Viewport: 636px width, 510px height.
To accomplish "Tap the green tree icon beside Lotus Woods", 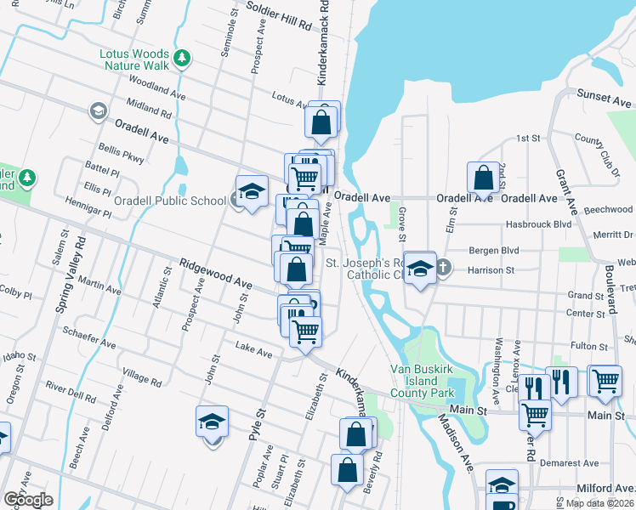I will point(181,58).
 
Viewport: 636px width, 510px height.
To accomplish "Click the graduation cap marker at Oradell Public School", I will point(252,192).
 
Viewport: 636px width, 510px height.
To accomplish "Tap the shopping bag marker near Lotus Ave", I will point(321,122).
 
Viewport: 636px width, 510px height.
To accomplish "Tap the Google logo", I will point(28,500).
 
